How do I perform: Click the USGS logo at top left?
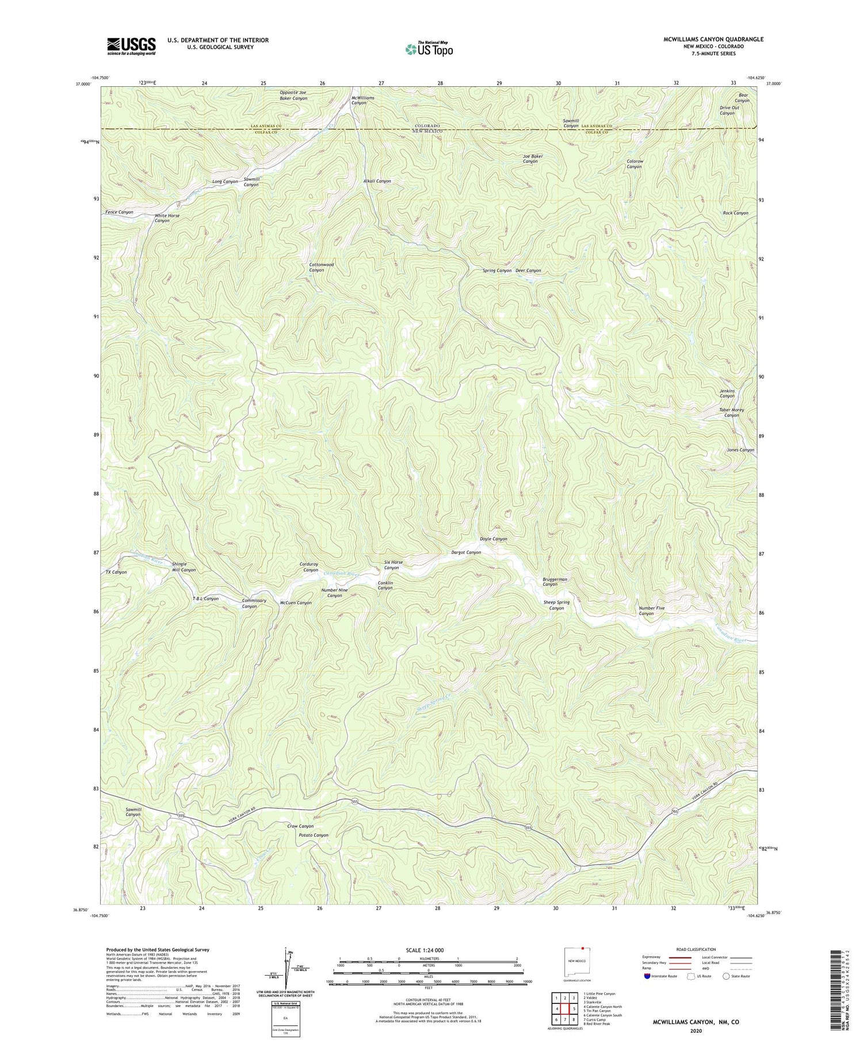tap(131, 46)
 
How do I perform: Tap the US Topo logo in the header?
tap(429, 49)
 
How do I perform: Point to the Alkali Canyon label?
tap(377, 181)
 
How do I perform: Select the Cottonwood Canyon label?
tap(321, 268)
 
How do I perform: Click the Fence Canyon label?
tap(119, 212)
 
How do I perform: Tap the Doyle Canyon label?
tap(493, 539)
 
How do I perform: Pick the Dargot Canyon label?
tap(465, 552)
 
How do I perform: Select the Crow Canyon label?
tap(300, 826)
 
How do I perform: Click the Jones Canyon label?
tap(740, 450)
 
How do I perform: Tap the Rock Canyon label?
tap(735, 213)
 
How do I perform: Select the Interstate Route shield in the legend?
tap(647, 976)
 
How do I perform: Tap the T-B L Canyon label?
tap(205, 599)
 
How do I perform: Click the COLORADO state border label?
tap(427, 125)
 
